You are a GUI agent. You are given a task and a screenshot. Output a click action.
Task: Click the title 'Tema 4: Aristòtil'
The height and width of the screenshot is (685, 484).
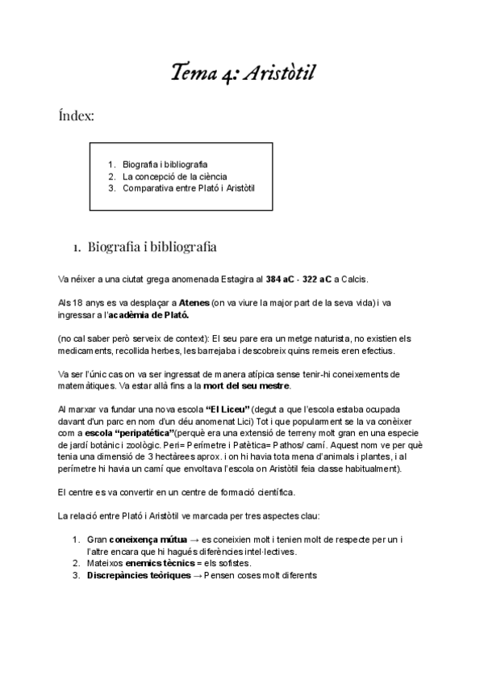click(x=242, y=74)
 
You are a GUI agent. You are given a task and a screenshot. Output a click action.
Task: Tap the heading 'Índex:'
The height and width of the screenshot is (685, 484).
click(x=76, y=117)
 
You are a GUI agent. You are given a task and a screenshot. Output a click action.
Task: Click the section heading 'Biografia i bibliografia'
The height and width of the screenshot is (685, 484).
click(x=152, y=246)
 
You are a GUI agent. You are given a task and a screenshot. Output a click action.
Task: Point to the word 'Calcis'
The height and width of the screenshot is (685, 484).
click(x=355, y=279)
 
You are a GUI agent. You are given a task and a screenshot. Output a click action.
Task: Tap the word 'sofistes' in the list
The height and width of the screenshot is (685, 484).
click(x=234, y=563)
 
